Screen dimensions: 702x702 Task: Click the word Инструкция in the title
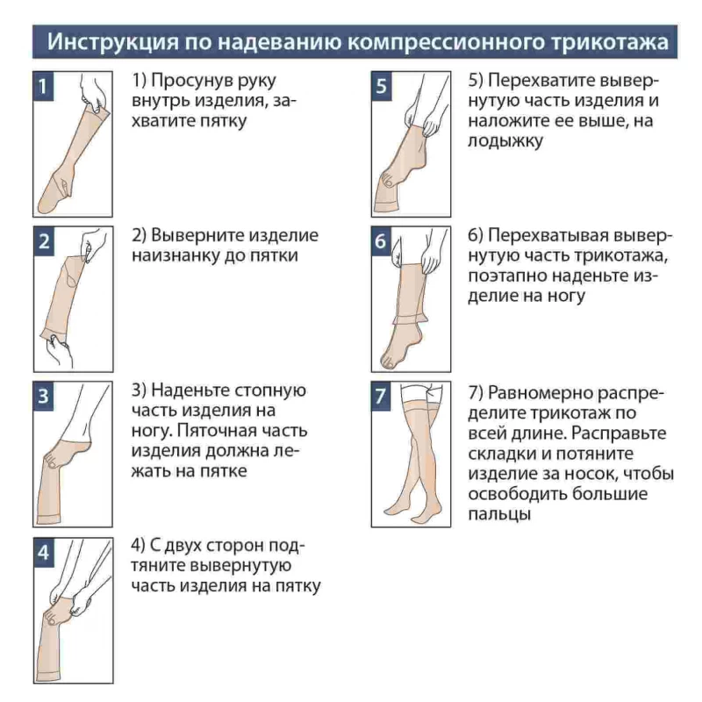pyautogui.click(x=112, y=41)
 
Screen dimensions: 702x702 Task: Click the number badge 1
pyautogui.click(x=43, y=85)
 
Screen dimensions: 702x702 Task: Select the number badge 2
pyautogui.click(x=44, y=241)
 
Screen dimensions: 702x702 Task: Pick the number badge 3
pyautogui.click(x=43, y=397)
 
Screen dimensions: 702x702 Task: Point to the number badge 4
pyautogui.click(x=44, y=552)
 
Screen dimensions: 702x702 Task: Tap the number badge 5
pyautogui.click(x=382, y=85)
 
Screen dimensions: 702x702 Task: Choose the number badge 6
pyautogui.click(x=381, y=241)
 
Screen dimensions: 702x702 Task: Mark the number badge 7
pyautogui.click(x=381, y=397)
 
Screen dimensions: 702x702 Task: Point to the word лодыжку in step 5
pyautogui.click(x=505, y=140)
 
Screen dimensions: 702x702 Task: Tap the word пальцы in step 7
pyautogui.click(x=499, y=514)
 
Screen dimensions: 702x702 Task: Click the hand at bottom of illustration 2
pyautogui.click(x=60, y=352)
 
